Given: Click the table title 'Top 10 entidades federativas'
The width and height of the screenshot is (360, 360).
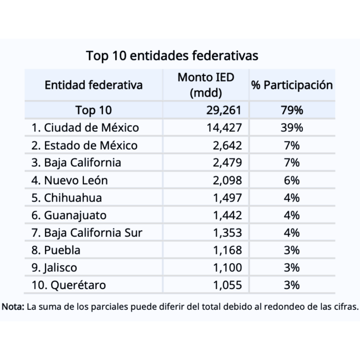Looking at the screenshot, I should tap(172, 56).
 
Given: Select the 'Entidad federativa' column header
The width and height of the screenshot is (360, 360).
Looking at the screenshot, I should tap(94, 85).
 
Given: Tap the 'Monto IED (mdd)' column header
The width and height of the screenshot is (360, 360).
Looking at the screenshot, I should tap(206, 85).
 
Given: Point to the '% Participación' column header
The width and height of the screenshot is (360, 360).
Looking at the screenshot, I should tap(292, 85).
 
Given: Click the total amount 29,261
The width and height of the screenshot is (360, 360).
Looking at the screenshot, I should tap(224, 110).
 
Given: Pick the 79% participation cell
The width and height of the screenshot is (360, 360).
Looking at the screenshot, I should tap(291, 110).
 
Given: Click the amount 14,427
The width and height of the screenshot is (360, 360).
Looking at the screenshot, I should tap(224, 128).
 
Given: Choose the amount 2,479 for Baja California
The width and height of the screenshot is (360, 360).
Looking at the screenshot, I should tap(227, 163).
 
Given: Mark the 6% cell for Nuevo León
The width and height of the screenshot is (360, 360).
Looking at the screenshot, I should tap(291, 180).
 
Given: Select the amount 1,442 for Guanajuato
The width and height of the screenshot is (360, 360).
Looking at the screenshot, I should tap(227, 215).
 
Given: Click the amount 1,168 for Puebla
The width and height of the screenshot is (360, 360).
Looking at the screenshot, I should tap(227, 250).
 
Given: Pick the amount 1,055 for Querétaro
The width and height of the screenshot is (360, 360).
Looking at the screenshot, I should tap(227, 285).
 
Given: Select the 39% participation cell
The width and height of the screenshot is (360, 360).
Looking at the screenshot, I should tap(291, 128).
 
